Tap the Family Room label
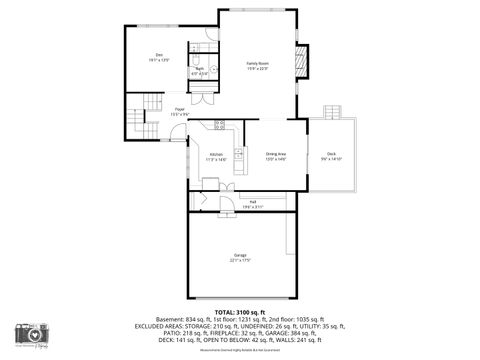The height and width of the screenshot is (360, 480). click(258, 63)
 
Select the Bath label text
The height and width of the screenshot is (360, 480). click(200, 68)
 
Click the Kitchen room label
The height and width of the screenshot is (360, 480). click(216, 154)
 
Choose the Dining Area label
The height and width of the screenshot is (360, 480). click(276, 154)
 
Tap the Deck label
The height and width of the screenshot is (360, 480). click(331, 153)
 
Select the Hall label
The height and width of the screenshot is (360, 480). click(254, 201)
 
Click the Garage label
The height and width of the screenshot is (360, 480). click(241, 255)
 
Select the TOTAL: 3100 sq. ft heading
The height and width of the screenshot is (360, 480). click(240, 313)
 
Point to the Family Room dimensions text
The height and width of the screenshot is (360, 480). click(258, 68)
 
